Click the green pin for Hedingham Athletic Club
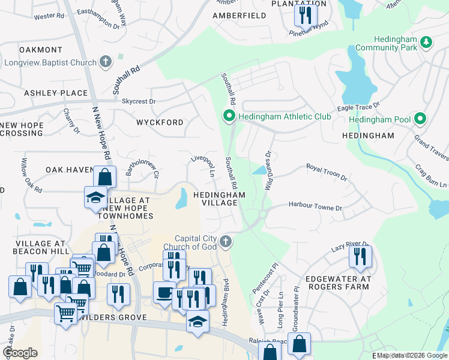229,116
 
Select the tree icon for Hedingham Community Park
426,42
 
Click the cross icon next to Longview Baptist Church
106,62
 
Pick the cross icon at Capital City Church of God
226,241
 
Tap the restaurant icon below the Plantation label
306,14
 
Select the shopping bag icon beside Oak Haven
104,177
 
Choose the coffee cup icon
164,292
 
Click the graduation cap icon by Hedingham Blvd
197,321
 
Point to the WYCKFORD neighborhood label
160,122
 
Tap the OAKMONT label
41,49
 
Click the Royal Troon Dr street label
327,172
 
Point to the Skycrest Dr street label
139,101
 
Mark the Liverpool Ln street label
203,166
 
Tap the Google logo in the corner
20,353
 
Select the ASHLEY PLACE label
56,93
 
